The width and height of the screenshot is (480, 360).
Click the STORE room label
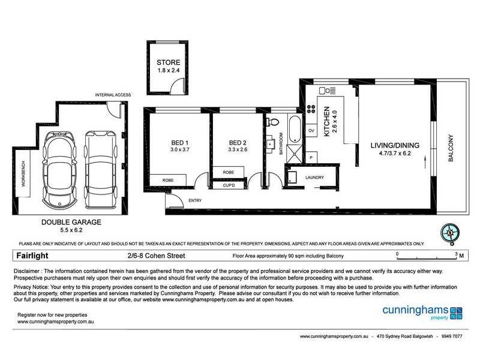click(168, 62)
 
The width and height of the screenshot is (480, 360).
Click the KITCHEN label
click(327, 123)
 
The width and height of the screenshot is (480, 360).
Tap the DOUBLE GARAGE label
click(71, 221)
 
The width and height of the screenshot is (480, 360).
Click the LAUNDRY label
click(314, 178)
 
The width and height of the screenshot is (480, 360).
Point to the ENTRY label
click(195, 200)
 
